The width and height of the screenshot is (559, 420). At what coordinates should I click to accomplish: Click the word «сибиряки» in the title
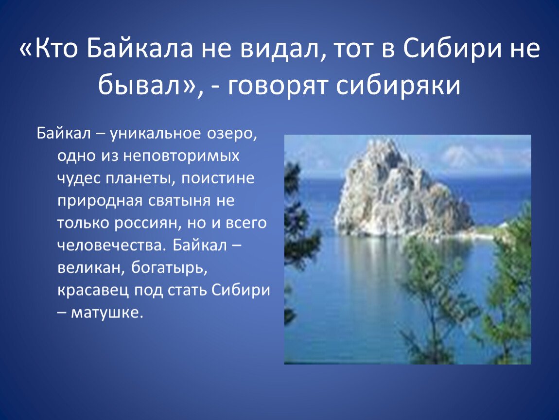(399, 86)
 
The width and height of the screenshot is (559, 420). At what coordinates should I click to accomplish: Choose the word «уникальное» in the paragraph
(156, 134)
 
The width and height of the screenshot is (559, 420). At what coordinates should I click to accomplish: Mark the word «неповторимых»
(181, 156)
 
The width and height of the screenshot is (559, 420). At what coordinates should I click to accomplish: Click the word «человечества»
(112, 245)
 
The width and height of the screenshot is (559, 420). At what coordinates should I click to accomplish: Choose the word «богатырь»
(169, 268)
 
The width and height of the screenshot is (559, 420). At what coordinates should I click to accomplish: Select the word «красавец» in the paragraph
(93, 291)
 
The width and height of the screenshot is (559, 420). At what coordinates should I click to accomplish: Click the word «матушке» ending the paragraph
(107, 313)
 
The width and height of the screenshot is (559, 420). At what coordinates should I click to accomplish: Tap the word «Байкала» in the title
(139, 49)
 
